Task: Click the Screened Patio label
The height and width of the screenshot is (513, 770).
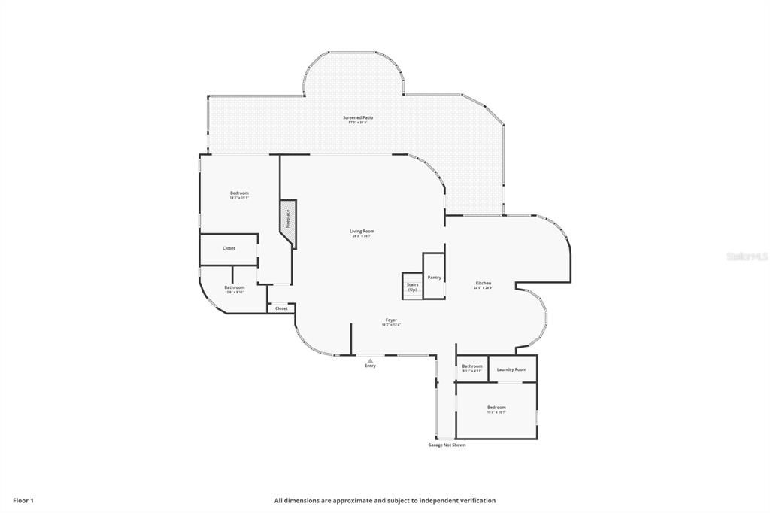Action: [x=358, y=118]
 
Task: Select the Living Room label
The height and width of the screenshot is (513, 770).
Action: [x=362, y=232]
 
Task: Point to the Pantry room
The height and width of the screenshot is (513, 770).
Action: [x=434, y=277]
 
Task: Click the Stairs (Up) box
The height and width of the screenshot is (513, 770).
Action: [x=412, y=286]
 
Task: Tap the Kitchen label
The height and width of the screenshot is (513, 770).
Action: [x=483, y=284]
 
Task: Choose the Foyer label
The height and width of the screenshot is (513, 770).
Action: [x=391, y=320]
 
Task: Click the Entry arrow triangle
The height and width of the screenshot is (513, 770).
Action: [x=370, y=360]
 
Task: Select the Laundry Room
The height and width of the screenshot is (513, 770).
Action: [x=511, y=369]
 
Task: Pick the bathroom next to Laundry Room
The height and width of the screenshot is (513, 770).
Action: [x=472, y=368]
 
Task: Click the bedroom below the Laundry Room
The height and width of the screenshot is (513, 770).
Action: [x=496, y=409]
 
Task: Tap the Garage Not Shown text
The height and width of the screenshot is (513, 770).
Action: [x=447, y=445]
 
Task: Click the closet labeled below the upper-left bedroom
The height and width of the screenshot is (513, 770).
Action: [x=229, y=248]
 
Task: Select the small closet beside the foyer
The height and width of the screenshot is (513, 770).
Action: [x=281, y=308]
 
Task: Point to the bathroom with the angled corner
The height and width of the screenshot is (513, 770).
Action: [x=234, y=288]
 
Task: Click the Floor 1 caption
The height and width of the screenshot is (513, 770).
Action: [x=23, y=500]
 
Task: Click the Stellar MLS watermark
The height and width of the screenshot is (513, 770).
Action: [x=747, y=256]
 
